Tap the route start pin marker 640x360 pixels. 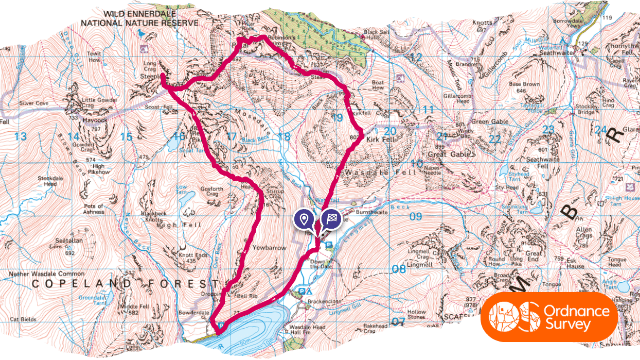303,218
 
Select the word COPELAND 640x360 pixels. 65,284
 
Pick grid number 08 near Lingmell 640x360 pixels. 399,268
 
